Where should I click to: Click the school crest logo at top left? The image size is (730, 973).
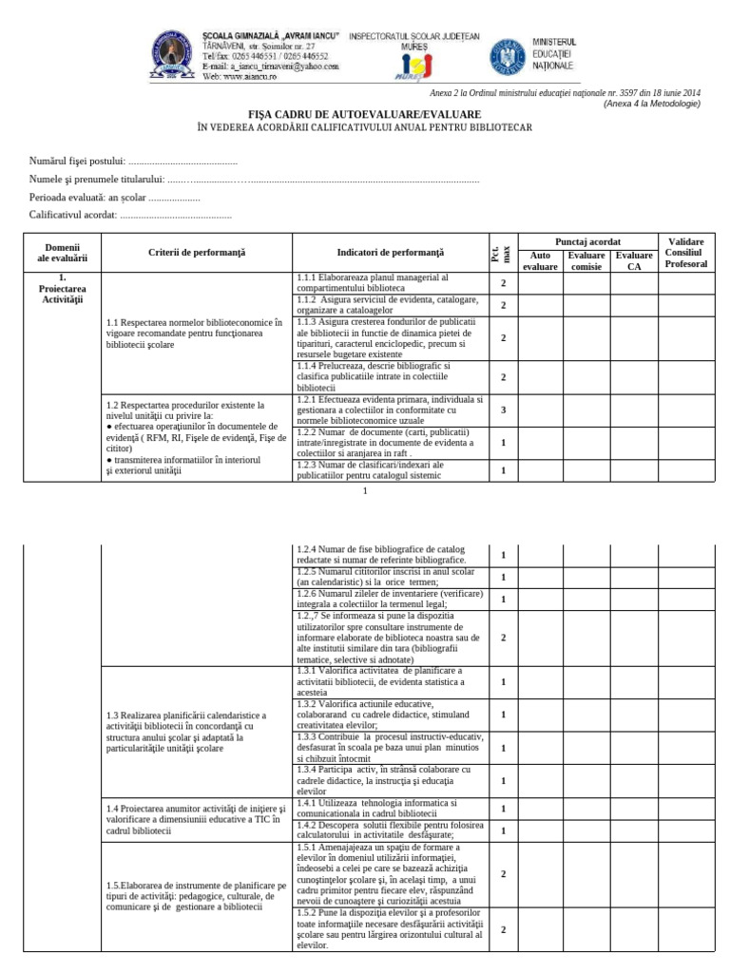pyautogui.click(x=173, y=55)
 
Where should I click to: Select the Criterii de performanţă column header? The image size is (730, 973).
pyautogui.click(x=197, y=253)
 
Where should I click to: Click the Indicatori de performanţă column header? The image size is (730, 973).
pyautogui.click(x=390, y=253)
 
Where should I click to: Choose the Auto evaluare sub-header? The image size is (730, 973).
pyautogui.click(x=540, y=261)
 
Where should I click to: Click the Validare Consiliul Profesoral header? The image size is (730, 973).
pyautogui.click(x=686, y=253)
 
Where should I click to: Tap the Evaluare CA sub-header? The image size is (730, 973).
pyautogui.click(x=634, y=261)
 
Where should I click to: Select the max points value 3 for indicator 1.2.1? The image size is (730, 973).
pyautogui.click(x=503, y=410)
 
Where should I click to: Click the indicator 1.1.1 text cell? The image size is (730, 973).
pyautogui.click(x=390, y=282)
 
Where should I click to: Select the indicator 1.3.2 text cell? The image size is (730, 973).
pyautogui.click(x=390, y=715)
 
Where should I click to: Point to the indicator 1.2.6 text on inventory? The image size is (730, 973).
pyautogui.click(x=390, y=599)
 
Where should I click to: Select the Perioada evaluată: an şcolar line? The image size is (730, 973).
pyautogui.click(x=115, y=198)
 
